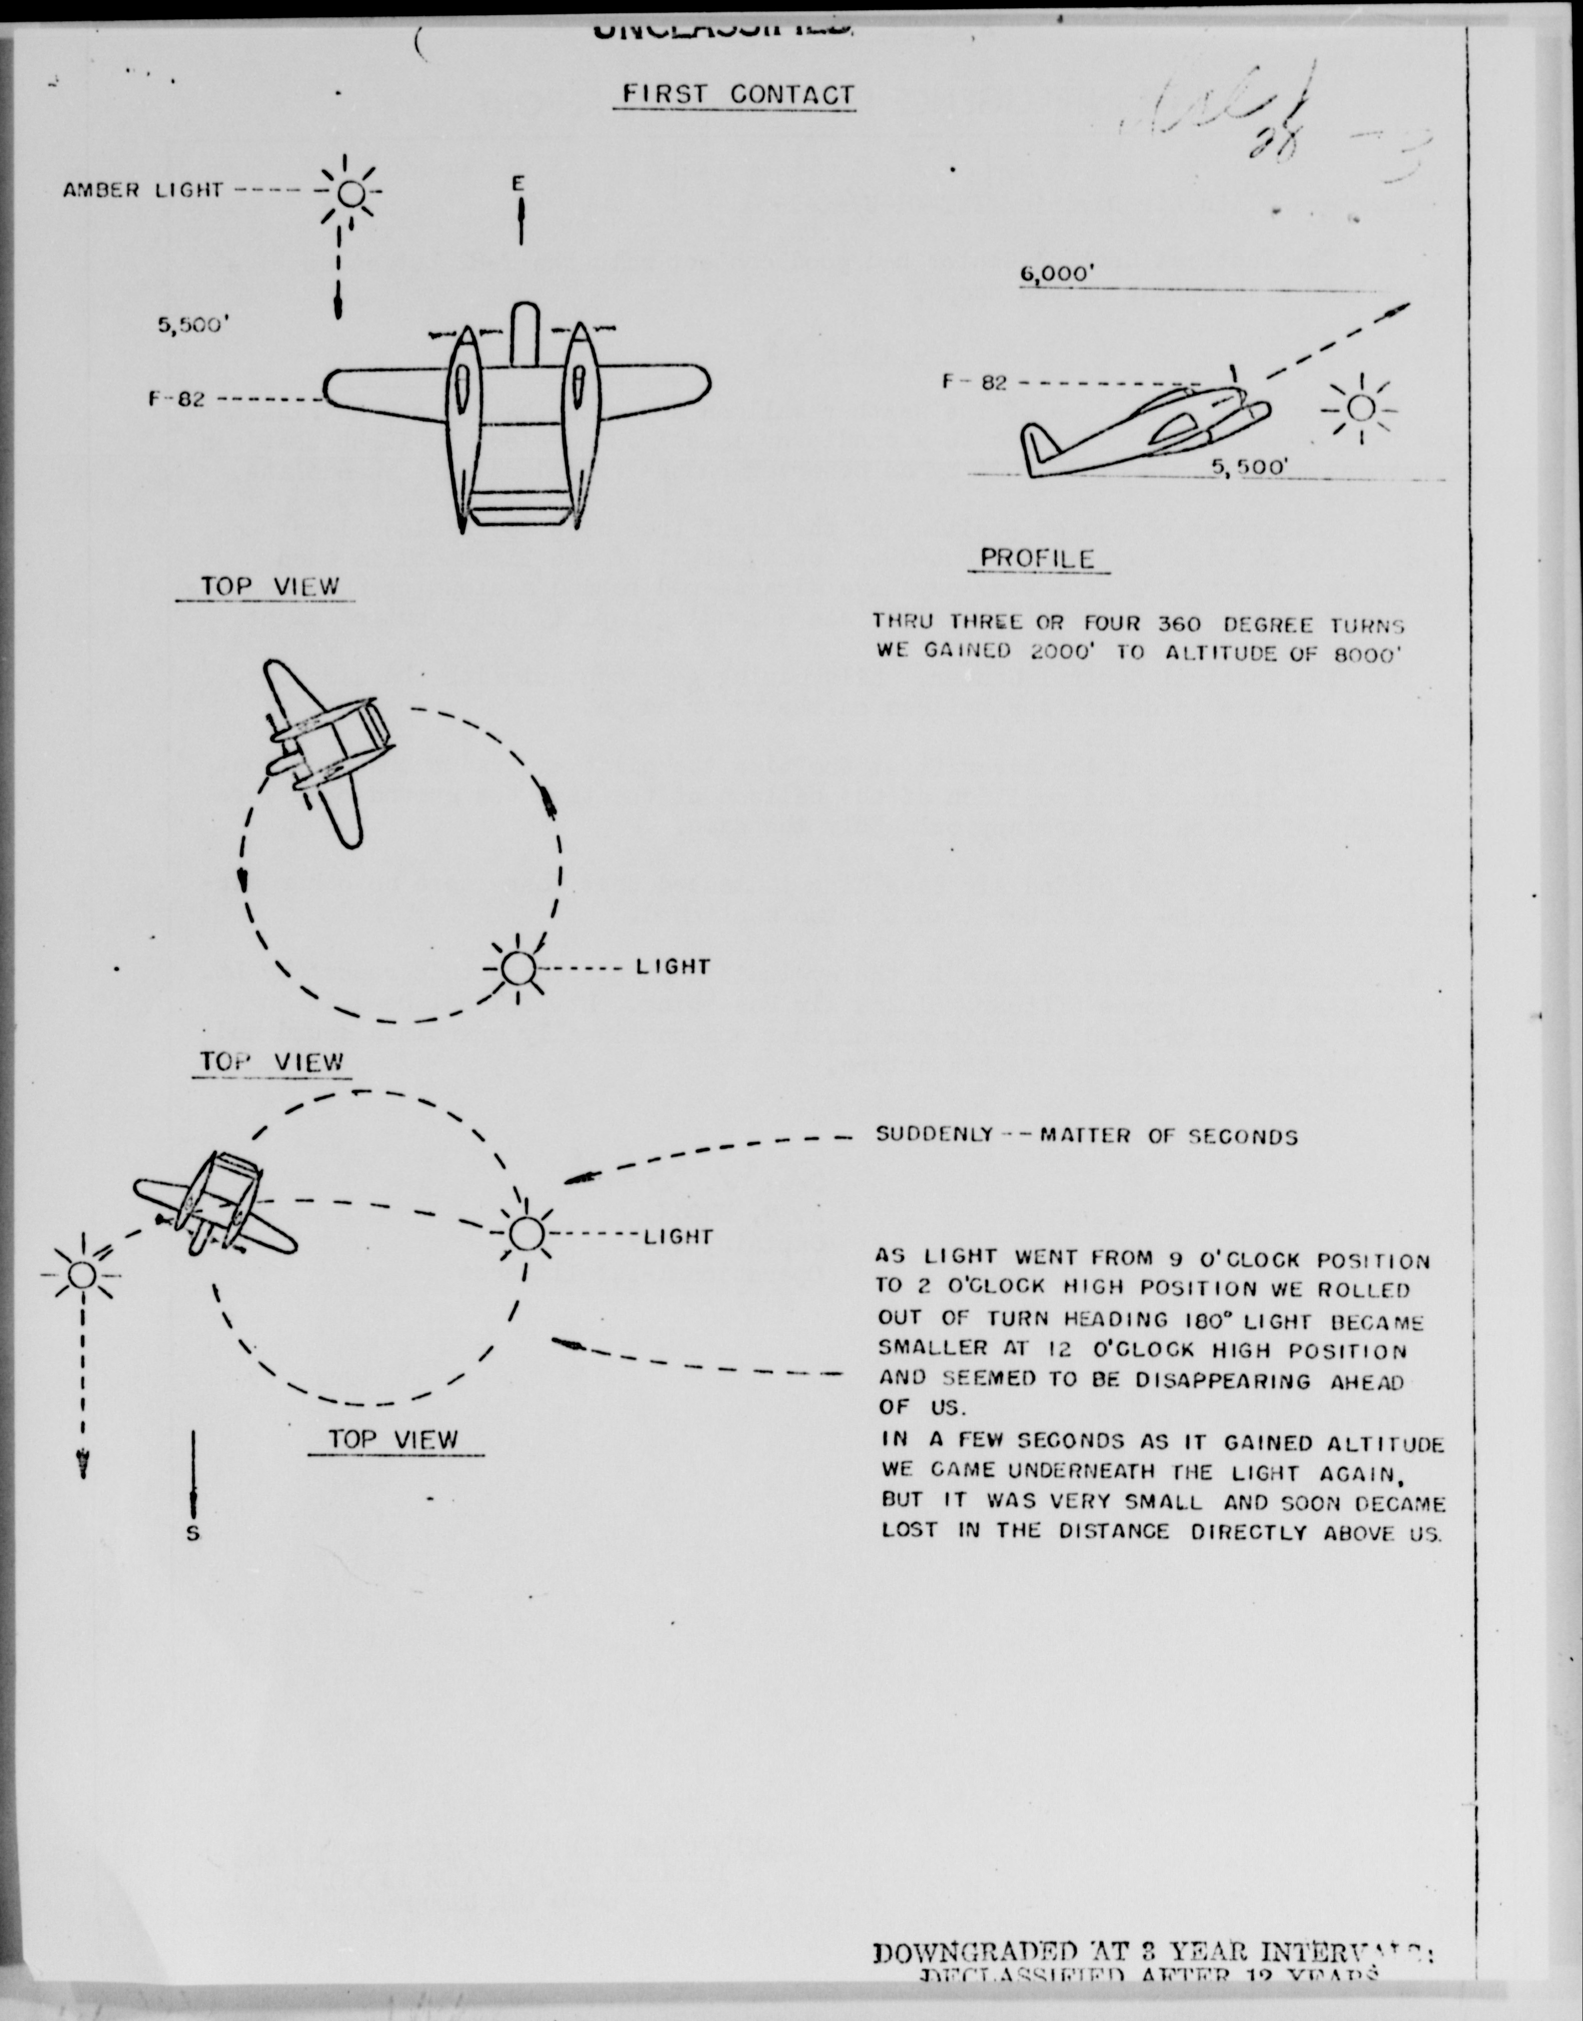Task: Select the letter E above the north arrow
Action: pos(519,184)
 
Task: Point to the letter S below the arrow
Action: pos(193,1533)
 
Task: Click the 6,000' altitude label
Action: pos(1057,275)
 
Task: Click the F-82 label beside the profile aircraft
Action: pos(974,382)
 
